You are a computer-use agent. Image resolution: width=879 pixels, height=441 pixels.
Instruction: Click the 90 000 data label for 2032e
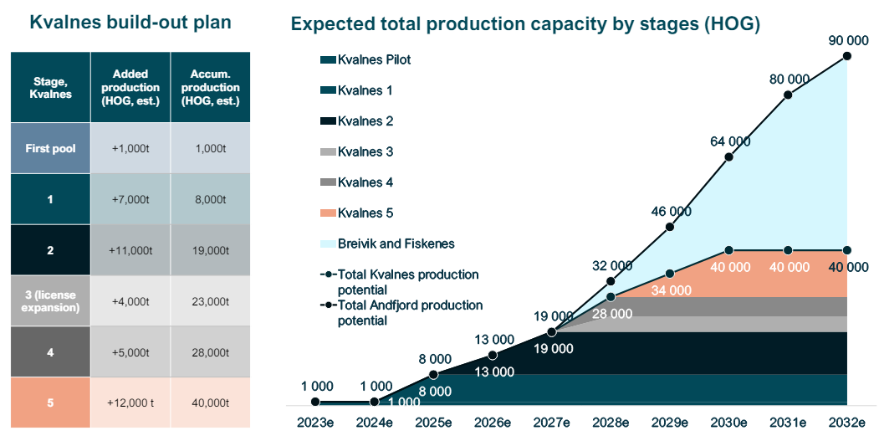coord(846,39)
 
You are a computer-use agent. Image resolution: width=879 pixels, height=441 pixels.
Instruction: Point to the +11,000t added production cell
coord(130,250)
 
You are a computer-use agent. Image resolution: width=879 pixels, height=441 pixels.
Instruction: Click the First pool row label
coord(49,149)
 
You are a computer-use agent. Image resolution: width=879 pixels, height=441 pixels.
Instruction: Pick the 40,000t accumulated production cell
coord(209,403)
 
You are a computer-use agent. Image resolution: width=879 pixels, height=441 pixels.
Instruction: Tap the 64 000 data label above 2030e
coord(728,141)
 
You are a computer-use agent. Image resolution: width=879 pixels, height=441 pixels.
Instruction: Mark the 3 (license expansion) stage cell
coord(49,301)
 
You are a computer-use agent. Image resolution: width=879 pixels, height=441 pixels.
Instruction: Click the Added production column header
coord(130,88)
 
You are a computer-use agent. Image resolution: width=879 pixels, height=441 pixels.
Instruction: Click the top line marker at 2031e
coord(788,95)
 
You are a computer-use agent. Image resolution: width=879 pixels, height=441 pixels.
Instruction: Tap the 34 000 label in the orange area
coord(670,290)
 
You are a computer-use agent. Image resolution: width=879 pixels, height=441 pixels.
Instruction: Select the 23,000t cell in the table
coord(209,301)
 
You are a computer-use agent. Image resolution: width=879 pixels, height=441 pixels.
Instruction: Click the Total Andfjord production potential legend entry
coord(410,312)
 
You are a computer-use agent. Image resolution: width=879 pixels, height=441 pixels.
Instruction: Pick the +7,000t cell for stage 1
coord(130,200)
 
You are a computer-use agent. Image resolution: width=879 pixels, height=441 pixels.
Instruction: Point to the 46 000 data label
coord(670,211)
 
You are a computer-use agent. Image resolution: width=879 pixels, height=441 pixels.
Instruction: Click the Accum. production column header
coord(209,88)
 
